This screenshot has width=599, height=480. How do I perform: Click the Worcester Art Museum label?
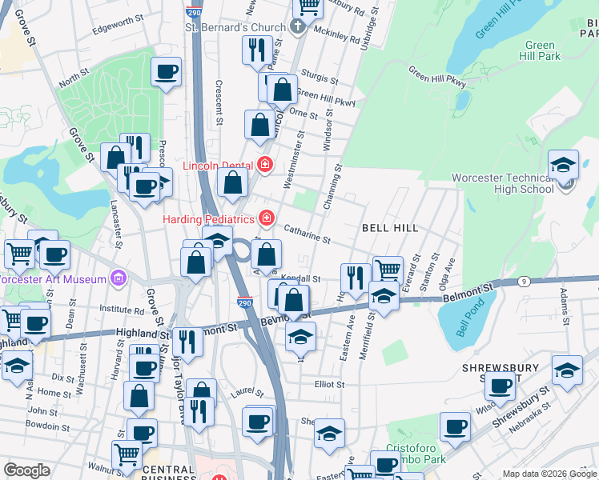tap(53, 280)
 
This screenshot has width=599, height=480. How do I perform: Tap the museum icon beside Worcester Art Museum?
tap(118, 278)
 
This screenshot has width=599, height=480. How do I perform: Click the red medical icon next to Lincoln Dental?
tap(265, 166)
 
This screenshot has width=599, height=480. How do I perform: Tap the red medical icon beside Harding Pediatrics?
tap(266, 218)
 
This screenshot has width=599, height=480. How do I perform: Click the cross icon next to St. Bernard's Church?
tap(297, 27)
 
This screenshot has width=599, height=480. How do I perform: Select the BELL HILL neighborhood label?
tap(390, 228)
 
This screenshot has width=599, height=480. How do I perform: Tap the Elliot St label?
tap(328, 385)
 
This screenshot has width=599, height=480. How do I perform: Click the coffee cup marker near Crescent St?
tap(167, 72)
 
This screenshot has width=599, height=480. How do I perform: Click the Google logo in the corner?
tap(27, 470)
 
